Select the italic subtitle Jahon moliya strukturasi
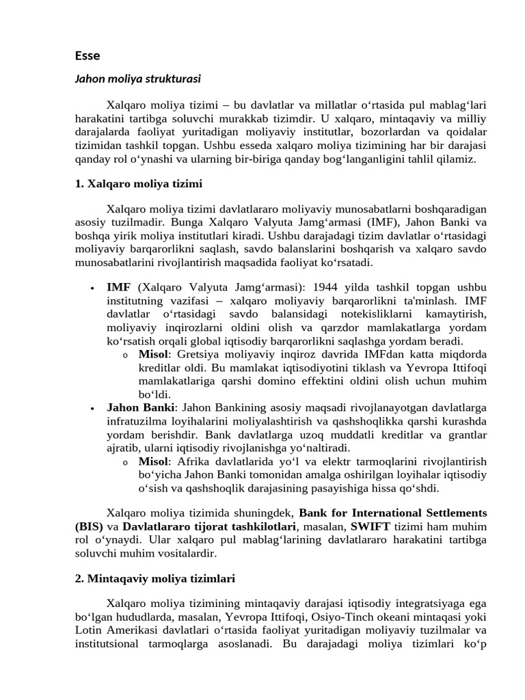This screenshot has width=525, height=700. click(137, 79)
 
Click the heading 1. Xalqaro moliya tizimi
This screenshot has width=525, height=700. click(138, 184)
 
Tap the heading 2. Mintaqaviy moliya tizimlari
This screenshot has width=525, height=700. click(154, 578)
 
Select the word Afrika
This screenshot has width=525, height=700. click(197, 461)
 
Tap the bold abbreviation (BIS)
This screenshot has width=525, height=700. click(89, 526)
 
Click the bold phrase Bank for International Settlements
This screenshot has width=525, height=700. click(393, 513)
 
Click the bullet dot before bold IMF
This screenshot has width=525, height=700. click(92, 288)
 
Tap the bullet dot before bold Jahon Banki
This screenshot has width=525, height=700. click(92, 408)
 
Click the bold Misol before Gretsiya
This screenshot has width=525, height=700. click(153, 354)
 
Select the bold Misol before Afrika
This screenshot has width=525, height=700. click(153, 461)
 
